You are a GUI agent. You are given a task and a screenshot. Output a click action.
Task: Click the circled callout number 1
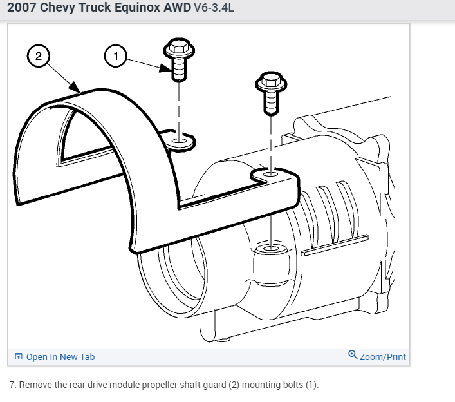(x=116, y=57)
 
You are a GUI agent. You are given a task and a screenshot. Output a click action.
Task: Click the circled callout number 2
(x=38, y=57)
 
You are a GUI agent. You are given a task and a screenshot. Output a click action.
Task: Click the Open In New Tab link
(x=60, y=357)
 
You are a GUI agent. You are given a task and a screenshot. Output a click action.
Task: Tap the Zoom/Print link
(x=383, y=356)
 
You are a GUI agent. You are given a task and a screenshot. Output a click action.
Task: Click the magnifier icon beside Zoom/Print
(x=352, y=355)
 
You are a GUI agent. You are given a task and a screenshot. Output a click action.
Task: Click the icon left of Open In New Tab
(x=19, y=357)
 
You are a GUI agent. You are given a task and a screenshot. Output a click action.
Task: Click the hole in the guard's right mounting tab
(x=270, y=174)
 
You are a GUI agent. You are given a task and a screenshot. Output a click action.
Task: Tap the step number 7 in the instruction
(x=13, y=385)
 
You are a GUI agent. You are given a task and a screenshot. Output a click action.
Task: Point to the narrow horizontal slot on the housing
(x=335, y=245)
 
